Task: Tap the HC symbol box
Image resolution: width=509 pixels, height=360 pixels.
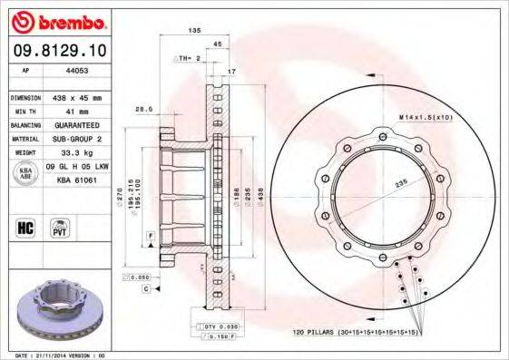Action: tap(25, 227)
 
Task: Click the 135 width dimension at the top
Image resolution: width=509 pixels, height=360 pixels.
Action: tap(193, 30)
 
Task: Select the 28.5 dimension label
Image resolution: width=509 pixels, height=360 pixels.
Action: tap(142, 109)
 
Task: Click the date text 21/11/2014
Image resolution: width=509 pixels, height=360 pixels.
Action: tap(58, 355)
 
